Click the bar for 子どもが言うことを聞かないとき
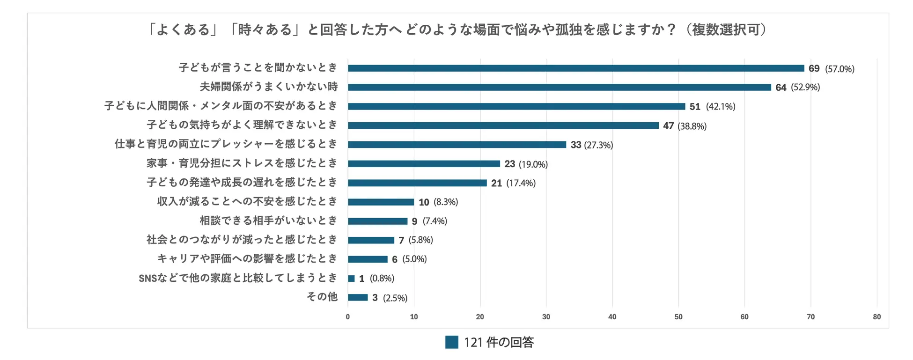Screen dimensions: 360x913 pos(576,68)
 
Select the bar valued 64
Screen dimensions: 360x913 pos(559,88)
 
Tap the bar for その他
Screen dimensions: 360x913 pos(358,298)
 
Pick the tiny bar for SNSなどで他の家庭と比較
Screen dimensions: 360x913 pos(351,279)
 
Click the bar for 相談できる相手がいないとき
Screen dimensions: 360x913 pos(377,221)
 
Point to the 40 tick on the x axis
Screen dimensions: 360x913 pos(612,317)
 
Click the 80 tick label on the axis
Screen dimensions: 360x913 pos(876,317)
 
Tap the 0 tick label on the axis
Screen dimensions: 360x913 pos(348,317)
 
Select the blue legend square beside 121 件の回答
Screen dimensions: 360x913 pos(451,342)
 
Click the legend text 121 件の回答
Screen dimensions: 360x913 pos(499,343)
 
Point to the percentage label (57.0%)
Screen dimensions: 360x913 pos(839,69)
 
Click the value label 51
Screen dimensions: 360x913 pos(695,107)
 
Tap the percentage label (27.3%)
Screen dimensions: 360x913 pos(598,145)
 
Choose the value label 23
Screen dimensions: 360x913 pos(509,164)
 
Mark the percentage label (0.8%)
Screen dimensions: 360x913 pos(382,279)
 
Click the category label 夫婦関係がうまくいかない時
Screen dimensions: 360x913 pos(269,87)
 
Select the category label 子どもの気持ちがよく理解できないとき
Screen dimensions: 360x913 pos(242,125)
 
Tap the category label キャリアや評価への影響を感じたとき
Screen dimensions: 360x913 pos(247,259)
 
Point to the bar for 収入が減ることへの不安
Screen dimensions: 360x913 pos(381,202)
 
